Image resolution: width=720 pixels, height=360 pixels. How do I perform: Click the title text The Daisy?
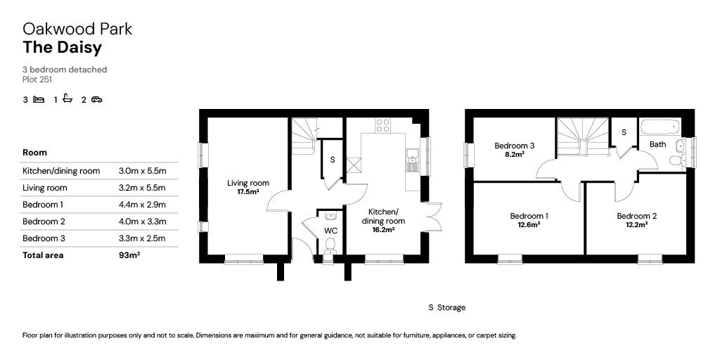(63, 47)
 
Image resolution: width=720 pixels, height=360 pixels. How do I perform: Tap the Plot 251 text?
(37, 79)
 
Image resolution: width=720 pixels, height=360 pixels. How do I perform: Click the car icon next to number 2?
(96, 99)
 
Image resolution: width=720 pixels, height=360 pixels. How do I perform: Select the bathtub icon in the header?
(68, 98)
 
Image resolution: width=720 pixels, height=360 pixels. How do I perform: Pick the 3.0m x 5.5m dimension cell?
(142, 171)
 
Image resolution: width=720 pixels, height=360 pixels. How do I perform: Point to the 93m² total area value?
(129, 255)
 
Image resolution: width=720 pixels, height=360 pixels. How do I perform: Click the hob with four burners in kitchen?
(383, 125)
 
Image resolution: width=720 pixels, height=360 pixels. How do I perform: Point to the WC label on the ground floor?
(330, 230)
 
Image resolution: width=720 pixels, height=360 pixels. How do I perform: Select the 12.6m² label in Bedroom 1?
(529, 224)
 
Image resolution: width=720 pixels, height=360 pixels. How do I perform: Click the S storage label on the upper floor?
(624, 132)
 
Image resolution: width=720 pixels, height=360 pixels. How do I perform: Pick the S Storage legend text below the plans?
(446, 308)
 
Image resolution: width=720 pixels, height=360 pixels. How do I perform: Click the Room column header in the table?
(34, 153)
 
